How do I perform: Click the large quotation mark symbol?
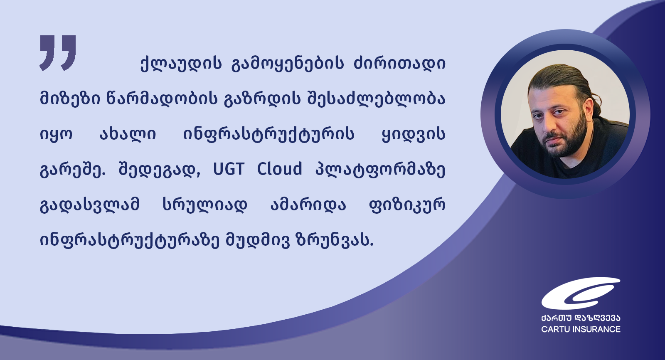pyautogui.click(x=58, y=53)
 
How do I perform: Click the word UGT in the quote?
pyautogui.click(x=229, y=169)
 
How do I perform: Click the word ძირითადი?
pyautogui.click(x=399, y=63)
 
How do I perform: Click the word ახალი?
pyautogui.click(x=128, y=134)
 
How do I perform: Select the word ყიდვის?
pyautogui.click(x=414, y=135)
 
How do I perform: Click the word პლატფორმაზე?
pyautogui.click(x=380, y=170)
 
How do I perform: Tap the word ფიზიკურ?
pyautogui.click(x=407, y=205)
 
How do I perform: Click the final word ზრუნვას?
pyautogui.click(x=334, y=240)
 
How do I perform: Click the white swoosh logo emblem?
pyautogui.click(x=580, y=293)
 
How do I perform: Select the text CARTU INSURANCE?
pyautogui.click(x=581, y=329)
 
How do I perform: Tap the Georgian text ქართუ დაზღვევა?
pyautogui.click(x=581, y=318)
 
